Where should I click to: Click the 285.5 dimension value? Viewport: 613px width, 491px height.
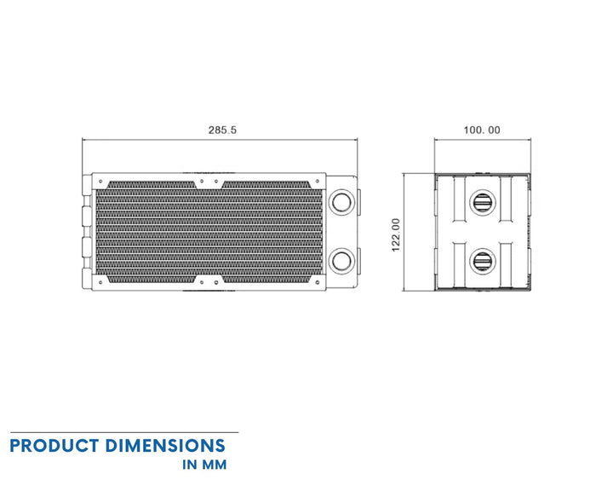222,130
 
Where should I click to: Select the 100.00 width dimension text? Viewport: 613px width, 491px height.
482,130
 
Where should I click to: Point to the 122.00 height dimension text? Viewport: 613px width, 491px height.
395,234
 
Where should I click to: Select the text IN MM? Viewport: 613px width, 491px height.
204,465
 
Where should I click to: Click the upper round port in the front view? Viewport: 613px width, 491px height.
341,203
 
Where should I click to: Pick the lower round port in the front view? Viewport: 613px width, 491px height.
341,258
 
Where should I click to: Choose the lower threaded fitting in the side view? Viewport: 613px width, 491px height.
482,260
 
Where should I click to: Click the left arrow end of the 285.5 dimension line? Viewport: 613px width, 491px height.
83,140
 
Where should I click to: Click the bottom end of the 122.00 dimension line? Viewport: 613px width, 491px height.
404,290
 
